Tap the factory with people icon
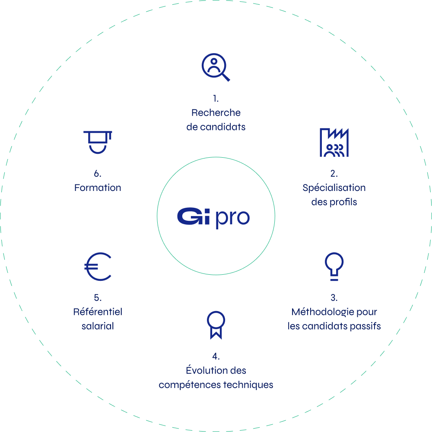334,143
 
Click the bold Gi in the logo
194,216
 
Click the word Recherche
216,112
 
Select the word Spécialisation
334,188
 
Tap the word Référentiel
98,311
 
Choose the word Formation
98,187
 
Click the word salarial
98,326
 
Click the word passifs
365,326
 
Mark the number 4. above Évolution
216,356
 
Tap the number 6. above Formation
98,174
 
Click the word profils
343,202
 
